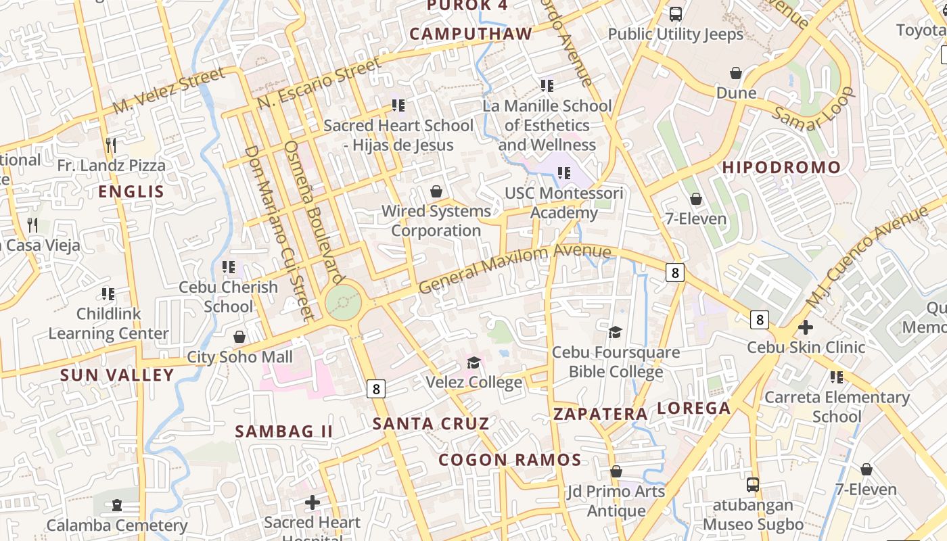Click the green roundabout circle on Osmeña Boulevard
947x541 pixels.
click(342, 302)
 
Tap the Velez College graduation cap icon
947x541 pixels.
click(473, 363)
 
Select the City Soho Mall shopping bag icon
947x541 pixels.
click(239, 337)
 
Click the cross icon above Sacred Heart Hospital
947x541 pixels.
click(313, 502)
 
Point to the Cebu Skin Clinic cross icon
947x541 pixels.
click(805, 327)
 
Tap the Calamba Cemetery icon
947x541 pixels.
click(117, 505)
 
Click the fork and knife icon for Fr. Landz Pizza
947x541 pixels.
click(111, 145)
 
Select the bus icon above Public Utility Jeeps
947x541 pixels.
click(675, 14)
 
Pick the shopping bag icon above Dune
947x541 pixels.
click(736, 72)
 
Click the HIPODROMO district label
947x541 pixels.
click(781, 168)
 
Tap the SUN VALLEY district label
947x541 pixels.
click(117, 375)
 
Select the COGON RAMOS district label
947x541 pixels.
click(509, 461)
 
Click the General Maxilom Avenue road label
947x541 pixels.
click(514, 268)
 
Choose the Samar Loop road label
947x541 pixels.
click(814, 111)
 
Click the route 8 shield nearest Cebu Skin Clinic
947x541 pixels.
click(760, 319)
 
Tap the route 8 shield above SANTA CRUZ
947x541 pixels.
click(376, 389)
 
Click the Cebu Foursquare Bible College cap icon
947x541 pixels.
click(615, 332)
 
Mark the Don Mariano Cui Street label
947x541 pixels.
click(279, 233)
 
